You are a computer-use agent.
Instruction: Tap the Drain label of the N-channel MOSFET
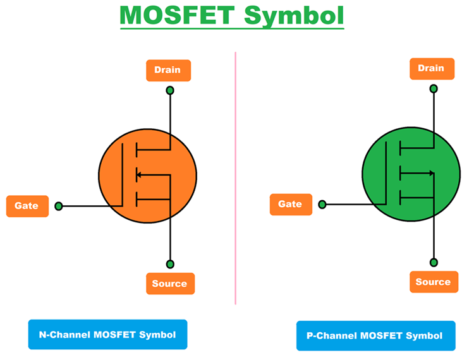(x=167, y=70)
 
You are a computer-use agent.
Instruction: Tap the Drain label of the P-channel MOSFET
(x=432, y=68)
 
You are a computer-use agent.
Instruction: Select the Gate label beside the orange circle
(x=27, y=206)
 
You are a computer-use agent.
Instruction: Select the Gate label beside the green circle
(x=291, y=204)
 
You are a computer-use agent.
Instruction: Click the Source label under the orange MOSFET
(x=170, y=284)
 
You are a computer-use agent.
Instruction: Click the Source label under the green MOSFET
(x=434, y=282)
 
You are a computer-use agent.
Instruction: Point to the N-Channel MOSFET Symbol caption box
(x=107, y=334)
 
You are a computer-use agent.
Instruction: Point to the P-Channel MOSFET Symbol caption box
(x=375, y=335)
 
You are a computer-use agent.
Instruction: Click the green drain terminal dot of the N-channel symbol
(x=169, y=91)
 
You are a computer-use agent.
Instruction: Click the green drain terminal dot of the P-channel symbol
(x=434, y=89)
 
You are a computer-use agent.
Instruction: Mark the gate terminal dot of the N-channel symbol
(x=59, y=206)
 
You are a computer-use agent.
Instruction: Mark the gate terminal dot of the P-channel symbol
(x=322, y=205)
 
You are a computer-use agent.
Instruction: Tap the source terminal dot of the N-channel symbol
(x=169, y=264)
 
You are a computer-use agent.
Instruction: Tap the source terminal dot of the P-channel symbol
(x=434, y=262)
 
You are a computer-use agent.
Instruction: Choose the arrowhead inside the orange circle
(x=140, y=176)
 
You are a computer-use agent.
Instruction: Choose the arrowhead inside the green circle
(x=431, y=172)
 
